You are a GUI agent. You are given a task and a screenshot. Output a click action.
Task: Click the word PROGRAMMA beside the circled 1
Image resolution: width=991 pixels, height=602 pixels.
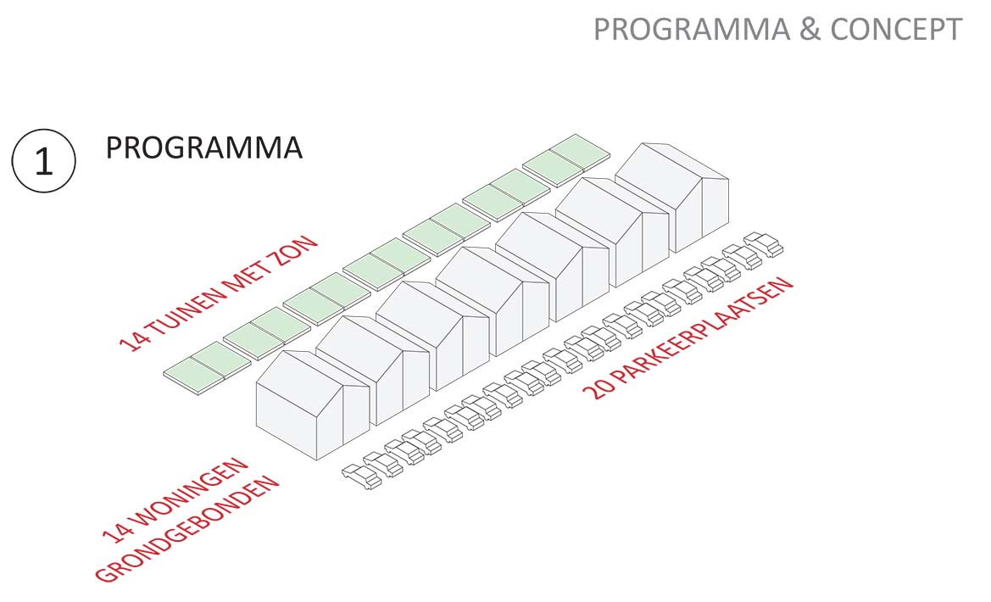click(x=203, y=148)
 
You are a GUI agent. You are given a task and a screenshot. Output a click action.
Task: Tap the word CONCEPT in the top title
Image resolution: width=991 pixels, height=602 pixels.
click(x=896, y=30)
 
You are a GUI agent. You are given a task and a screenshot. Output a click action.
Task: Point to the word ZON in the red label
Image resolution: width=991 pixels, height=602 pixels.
click(x=298, y=251)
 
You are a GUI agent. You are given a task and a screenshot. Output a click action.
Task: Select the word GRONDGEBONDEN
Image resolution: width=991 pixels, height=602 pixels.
click(x=187, y=531)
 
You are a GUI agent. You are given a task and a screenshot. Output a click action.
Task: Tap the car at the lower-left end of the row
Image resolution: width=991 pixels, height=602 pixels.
click(x=361, y=476)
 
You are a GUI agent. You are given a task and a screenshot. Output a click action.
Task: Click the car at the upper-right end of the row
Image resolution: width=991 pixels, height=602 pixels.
click(x=764, y=243)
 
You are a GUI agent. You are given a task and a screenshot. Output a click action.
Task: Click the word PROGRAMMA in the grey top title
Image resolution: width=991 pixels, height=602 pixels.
click(x=692, y=30)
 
